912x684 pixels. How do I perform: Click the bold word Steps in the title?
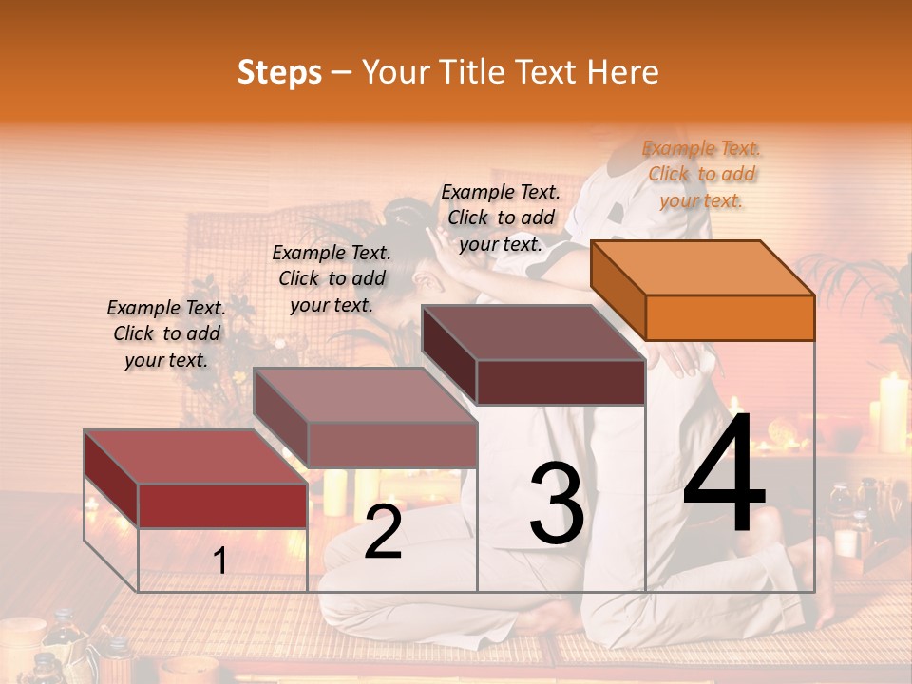(x=279, y=72)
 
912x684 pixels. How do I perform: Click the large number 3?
(x=556, y=503)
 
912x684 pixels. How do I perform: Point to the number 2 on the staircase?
(x=383, y=533)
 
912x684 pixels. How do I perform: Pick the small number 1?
(x=219, y=561)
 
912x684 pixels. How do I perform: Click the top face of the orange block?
(x=701, y=268)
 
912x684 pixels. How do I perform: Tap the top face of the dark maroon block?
(x=532, y=332)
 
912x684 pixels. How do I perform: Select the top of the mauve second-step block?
(x=365, y=395)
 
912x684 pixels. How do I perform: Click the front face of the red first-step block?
(x=222, y=505)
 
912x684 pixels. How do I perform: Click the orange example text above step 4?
(x=701, y=174)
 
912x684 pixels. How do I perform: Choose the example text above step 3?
(x=501, y=218)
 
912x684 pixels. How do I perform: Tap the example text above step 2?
(x=332, y=278)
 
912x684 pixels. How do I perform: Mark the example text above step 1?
(x=166, y=333)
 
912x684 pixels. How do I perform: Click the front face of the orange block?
(x=730, y=317)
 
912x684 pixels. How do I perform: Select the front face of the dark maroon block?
(x=560, y=382)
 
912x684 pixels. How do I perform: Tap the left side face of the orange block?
(x=617, y=290)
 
